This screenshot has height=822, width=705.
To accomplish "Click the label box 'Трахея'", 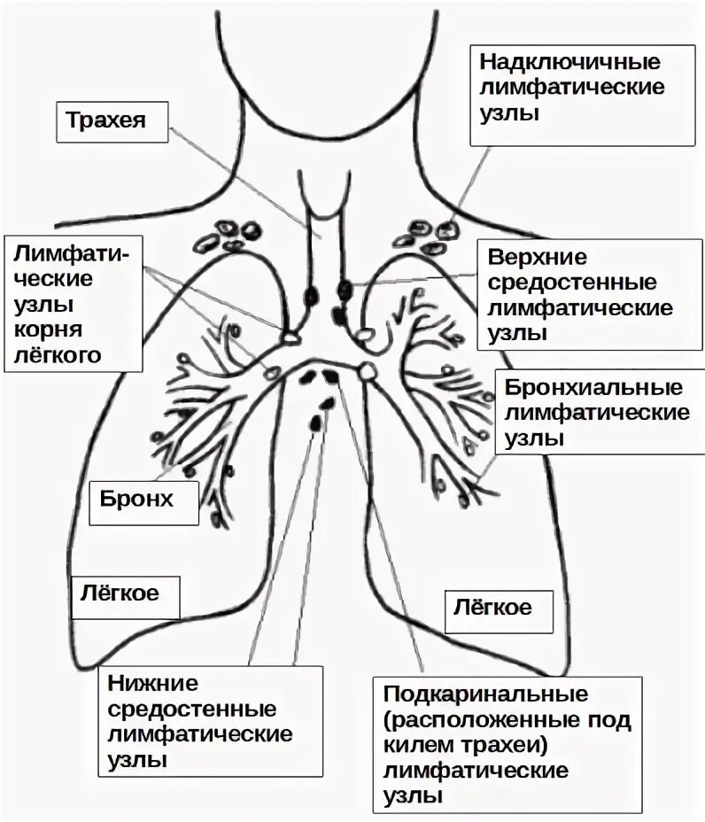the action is coord(112,119).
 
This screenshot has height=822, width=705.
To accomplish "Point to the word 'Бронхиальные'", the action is coord(593,388).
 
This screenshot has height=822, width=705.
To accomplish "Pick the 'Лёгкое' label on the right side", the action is coord(492,607).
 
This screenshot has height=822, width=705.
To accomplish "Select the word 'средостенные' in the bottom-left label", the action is coord(192,710).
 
